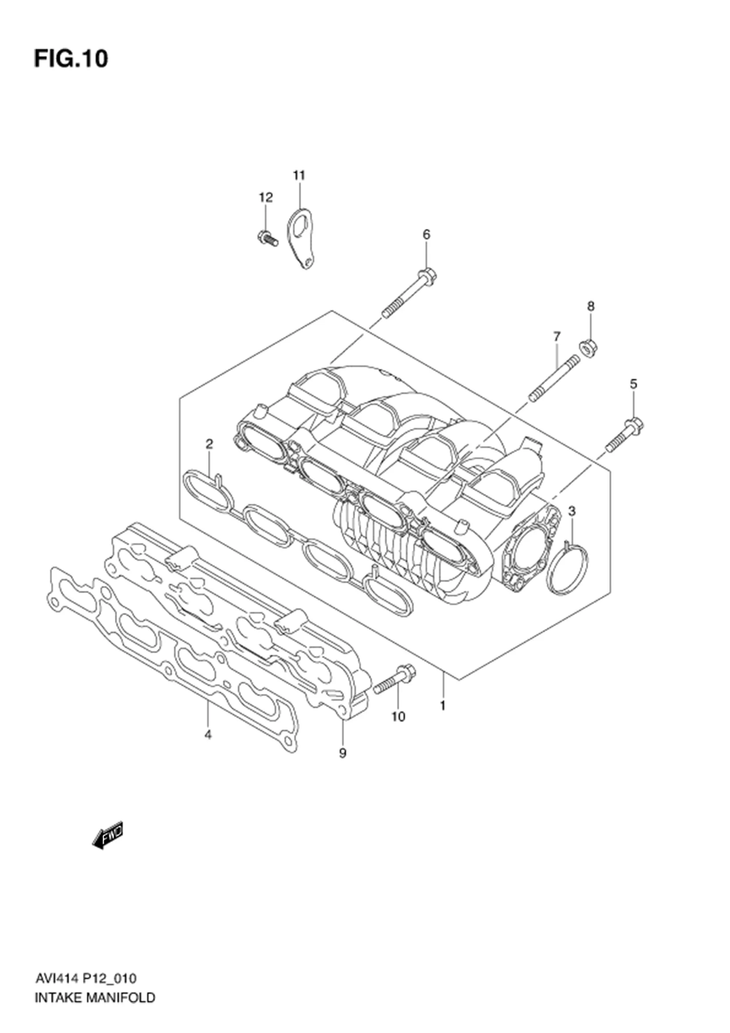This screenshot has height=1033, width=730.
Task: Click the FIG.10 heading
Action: click(x=71, y=59)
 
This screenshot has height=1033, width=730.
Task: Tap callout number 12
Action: click(x=265, y=197)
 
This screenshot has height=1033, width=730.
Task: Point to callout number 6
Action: click(x=426, y=235)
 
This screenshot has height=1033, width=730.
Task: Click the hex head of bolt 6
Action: click(x=427, y=274)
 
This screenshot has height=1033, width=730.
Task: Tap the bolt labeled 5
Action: click(x=625, y=434)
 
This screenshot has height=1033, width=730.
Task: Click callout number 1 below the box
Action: click(x=443, y=706)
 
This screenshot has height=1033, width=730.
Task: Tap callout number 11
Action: click(x=299, y=175)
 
